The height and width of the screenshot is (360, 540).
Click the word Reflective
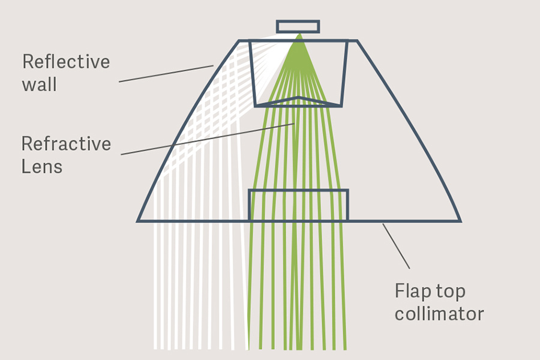click(x=66, y=62)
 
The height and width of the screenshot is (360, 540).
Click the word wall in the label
click(x=40, y=85)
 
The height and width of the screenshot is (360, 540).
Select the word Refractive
click(x=66, y=144)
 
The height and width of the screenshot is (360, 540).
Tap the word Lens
click(x=42, y=166)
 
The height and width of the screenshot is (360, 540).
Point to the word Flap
click(x=414, y=291)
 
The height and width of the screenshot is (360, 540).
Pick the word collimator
click(x=439, y=314)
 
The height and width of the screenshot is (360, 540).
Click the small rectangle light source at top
click(x=298, y=26)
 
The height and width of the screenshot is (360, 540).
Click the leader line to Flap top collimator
click(x=397, y=246)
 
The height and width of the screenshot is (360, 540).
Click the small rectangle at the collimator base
click(x=298, y=205)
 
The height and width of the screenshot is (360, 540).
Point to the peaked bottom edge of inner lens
click(x=298, y=97)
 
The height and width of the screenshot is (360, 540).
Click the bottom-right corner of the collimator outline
click(x=460, y=221)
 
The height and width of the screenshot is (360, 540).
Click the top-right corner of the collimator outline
click(x=356, y=41)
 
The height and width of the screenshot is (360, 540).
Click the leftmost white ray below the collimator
click(x=155, y=288)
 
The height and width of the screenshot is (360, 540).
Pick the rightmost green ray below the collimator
click(x=344, y=288)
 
